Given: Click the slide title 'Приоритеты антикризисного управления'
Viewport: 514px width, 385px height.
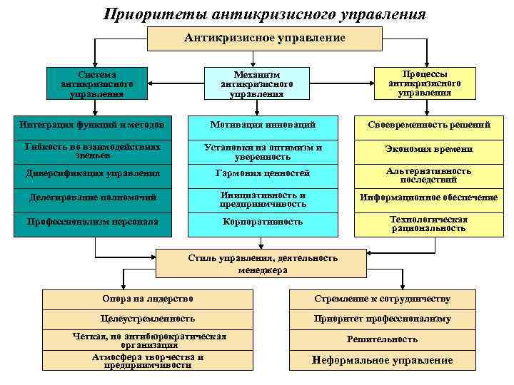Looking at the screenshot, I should pyautogui.click(x=264, y=14).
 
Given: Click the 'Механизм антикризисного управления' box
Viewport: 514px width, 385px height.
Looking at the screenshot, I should pyautogui.click(x=257, y=83).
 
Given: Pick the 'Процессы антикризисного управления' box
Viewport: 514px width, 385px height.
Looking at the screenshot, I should pyautogui.click(x=424, y=83).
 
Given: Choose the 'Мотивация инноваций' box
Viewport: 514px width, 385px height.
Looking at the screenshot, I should pyautogui.click(x=263, y=125).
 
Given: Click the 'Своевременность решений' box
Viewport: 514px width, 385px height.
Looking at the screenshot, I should pyautogui.click(x=428, y=125).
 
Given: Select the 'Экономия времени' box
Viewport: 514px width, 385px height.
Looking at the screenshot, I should pyautogui.click(x=428, y=148).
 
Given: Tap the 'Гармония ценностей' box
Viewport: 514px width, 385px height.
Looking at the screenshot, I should pyautogui.click(x=263, y=173).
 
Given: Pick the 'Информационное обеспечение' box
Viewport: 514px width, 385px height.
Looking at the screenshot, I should pyautogui.click(x=428, y=197).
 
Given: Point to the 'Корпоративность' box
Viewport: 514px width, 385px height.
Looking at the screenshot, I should pyautogui.click(x=263, y=222).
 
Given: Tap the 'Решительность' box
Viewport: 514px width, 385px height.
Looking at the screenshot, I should pyautogui.click(x=383, y=339).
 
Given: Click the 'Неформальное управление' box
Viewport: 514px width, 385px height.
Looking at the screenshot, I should pyautogui.click(x=383, y=360).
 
